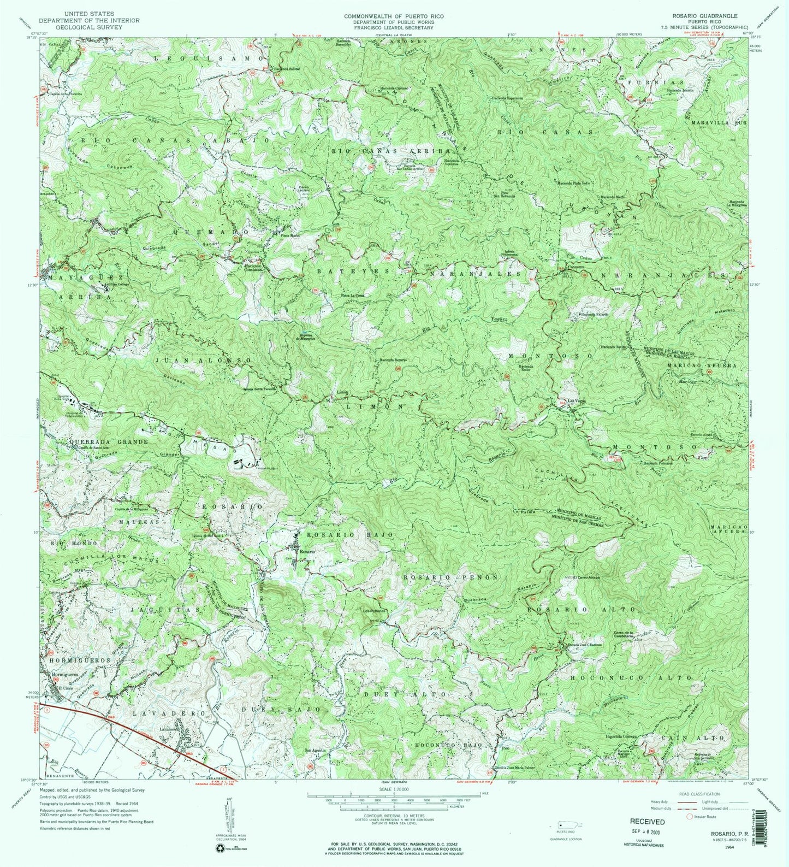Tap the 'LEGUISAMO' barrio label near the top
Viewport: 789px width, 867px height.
[x=201, y=57]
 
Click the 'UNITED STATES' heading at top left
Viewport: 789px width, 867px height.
[x=89, y=13]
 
